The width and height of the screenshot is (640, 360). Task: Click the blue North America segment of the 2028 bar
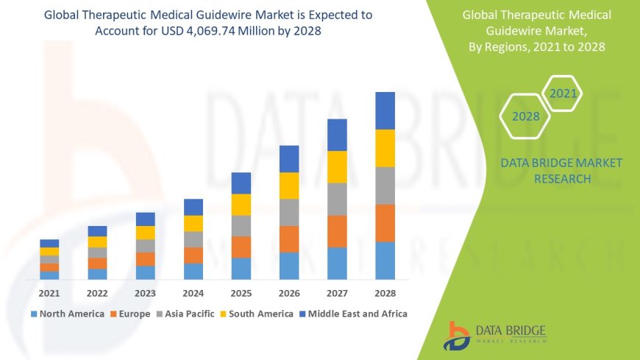click(385, 261)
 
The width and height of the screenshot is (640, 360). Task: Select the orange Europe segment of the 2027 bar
click(337, 231)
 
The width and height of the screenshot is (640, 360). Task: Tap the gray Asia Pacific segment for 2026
click(289, 212)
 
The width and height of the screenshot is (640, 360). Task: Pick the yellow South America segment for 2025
click(241, 205)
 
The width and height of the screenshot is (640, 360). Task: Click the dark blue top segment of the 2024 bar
click(193, 207)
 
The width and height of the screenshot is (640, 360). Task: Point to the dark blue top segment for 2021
click(49, 243)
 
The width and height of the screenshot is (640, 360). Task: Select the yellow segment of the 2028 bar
click(385, 148)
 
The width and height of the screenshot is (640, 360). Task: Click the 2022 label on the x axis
click(97, 292)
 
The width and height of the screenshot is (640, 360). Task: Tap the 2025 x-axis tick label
click(241, 292)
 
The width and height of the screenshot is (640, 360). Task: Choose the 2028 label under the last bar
click(385, 292)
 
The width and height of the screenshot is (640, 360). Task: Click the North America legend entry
click(67, 314)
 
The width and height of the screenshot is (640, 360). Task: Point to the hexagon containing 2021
click(563, 93)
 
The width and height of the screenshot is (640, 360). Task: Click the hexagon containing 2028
click(526, 116)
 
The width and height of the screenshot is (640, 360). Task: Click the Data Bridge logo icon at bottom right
click(457, 336)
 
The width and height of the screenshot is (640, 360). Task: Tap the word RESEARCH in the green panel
click(561, 179)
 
